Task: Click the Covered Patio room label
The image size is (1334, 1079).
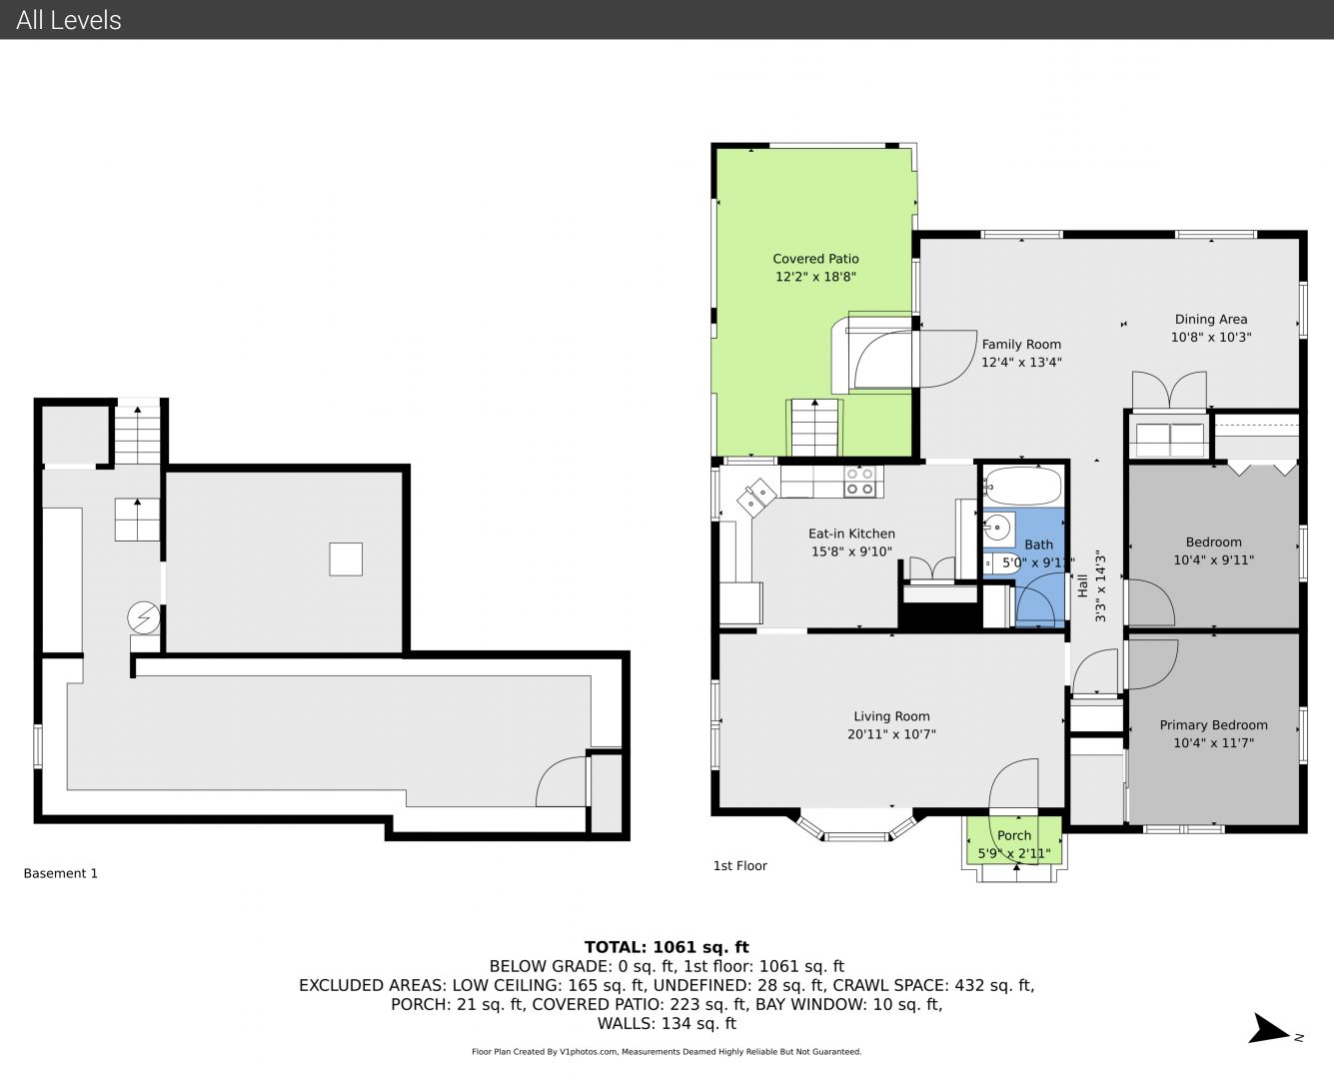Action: pyautogui.click(x=815, y=259)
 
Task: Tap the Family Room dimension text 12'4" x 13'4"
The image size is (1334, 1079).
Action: pyautogui.click(x=1021, y=362)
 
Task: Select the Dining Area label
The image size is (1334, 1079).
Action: pyautogui.click(x=1211, y=320)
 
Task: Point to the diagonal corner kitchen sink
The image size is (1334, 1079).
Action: pyautogui.click(x=757, y=497)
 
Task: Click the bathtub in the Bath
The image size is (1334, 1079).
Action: pyautogui.click(x=1023, y=486)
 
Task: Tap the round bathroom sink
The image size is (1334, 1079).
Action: pyautogui.click(x=996, y=528)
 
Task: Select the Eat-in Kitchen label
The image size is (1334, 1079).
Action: pyautogui.click(x=851, y=534)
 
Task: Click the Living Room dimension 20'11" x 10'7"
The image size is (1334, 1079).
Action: pyautogui.click(x=891, y=734)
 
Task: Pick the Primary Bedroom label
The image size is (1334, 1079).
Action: pyautogui.click(x=1213, y=725)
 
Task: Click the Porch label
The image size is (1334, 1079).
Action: pyautogui.click(x=1014, y=835)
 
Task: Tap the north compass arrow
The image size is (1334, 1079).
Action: pyautogui.click(x=1269, y=1028)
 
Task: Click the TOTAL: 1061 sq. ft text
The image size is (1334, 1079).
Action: pyautogui.click(x=667, y=947)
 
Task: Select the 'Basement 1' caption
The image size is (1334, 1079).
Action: pyautogui.click(x=61, y=873)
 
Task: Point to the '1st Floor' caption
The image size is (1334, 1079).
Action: pyautogui.click(x=739, y=866)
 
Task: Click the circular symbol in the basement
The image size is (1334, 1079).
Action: pyautogui.click(x=144, y=618)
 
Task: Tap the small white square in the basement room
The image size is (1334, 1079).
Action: pyautogui.click(x=346, y=559)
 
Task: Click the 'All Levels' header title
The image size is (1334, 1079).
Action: pyautogui.click(x=68, y=20)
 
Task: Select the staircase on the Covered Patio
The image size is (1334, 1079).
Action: pyautogui.click(x=814, y=428)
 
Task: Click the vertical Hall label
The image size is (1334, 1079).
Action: pyautogui.click(x=1082, y=586)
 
